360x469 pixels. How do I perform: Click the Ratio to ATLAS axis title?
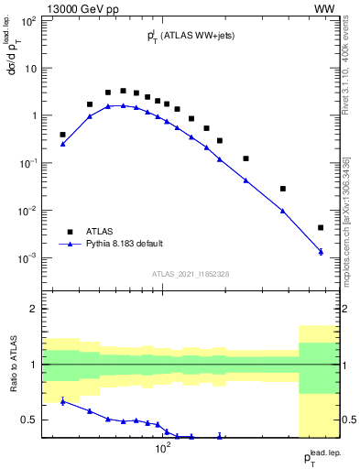coord(13,365)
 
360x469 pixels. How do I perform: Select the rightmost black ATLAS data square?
coord(321,227)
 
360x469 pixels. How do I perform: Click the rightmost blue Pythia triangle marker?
coord(321,251)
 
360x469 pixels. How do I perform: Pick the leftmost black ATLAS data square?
coord(62,135)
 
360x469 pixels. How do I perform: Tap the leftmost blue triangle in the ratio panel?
coord(62,401)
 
